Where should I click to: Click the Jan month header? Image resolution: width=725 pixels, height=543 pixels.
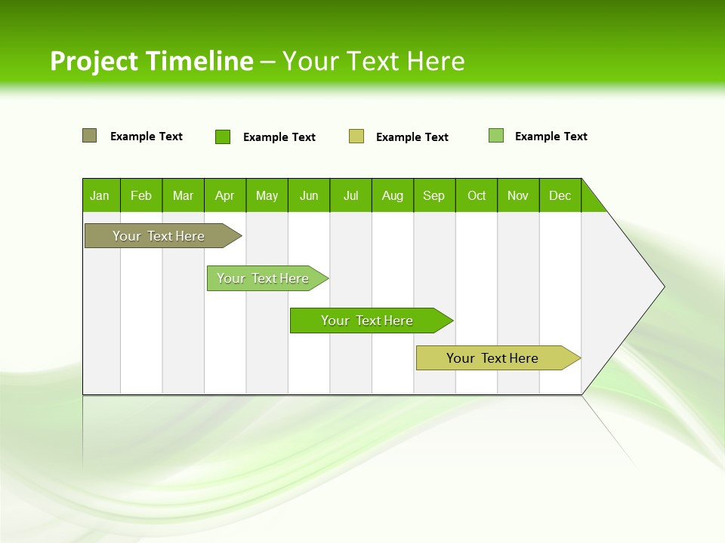(x=100, y=195)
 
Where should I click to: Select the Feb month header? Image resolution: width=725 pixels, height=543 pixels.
(x=141, y=195)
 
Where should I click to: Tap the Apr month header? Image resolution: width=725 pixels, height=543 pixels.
(x=224, y=195)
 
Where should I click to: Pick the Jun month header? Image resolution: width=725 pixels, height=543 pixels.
(x=309, y=195)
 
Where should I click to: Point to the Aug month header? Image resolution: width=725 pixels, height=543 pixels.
(x=392, y=195)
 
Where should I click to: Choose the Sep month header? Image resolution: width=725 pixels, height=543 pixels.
(x=433, y=195)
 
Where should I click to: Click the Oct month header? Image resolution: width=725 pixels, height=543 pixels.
(x=477, y=195)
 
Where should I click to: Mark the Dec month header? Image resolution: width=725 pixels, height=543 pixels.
(x=560, y=195)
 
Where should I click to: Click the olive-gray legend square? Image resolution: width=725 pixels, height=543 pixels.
(x=89, y=136)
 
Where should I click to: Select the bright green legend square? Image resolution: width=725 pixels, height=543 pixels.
(x=222, y=137)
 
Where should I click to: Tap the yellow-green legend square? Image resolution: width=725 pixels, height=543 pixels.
(x=356, y=137)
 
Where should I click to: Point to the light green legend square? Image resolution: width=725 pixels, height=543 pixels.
(x=495, y=136)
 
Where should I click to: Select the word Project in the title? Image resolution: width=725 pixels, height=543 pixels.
(x=94, y=61)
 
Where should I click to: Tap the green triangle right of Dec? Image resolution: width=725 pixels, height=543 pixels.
(x=591, y=201)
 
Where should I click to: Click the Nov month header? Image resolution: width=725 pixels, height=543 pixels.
(x=518, y=195)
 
